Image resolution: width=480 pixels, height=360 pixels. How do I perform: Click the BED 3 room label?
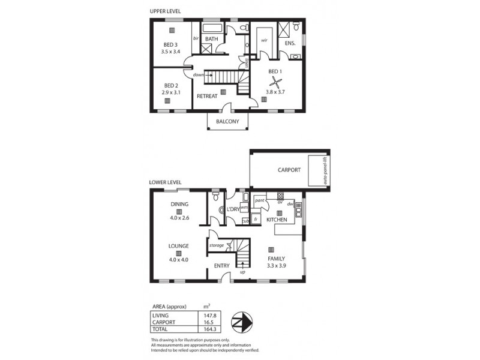click(x=171, y=45)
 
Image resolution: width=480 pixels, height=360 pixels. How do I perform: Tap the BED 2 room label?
click(x=171, y=85)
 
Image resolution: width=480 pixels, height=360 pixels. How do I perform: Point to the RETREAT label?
click(x=208, y=96)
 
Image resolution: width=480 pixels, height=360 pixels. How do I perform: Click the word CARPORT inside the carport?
click(x=289, y=170)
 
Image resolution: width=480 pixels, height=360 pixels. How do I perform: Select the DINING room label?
click(x=179, y=204)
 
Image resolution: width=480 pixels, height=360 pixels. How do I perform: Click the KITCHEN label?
click(x=277, y=220)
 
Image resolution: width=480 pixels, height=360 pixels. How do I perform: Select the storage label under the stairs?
click(x=216, y=245)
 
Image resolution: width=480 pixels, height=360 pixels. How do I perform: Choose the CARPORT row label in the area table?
click(x=165, y=322)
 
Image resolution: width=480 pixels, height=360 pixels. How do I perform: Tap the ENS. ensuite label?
click(x=290, y=44)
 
